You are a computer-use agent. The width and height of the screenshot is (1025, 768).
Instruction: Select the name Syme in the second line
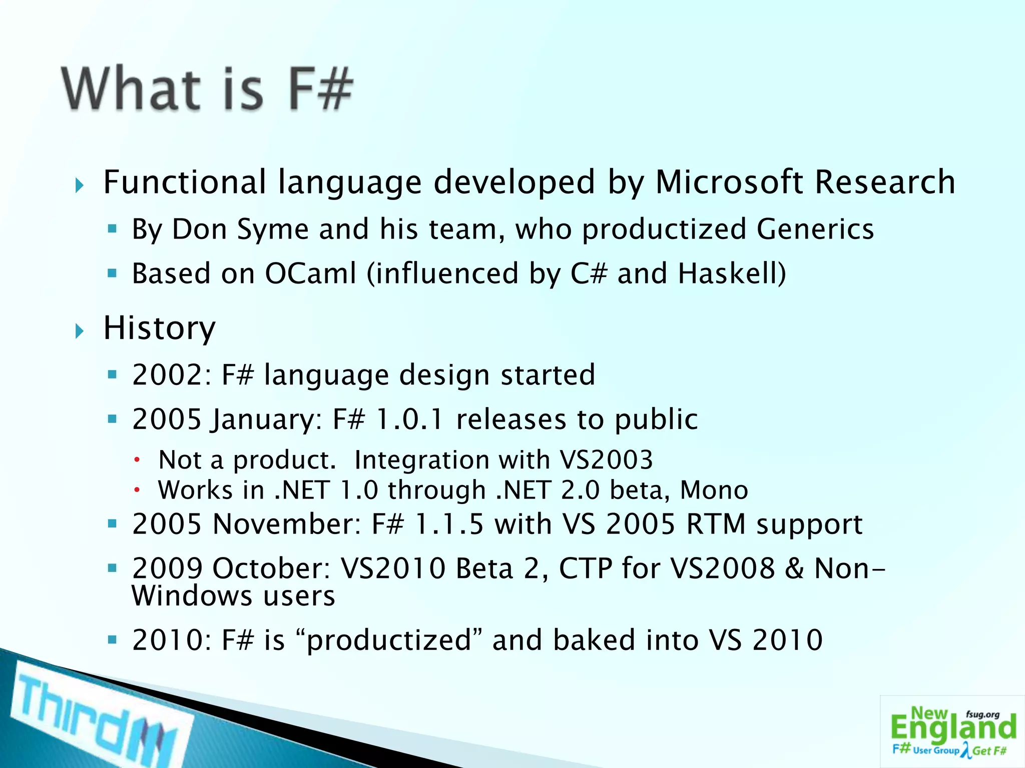[x=272, y=229]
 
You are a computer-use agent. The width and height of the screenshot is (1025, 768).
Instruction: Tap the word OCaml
[x=310, y=273]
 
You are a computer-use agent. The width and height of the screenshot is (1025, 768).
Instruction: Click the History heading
[x=159, y=328]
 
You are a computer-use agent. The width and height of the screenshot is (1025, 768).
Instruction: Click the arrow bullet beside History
[x=80, y=330]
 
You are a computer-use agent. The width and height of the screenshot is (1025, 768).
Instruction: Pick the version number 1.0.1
[x=409, y=419]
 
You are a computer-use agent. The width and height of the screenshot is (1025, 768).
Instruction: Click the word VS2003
[x=606, y=459]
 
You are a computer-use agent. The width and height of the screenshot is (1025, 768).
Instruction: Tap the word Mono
[x=714, y=490]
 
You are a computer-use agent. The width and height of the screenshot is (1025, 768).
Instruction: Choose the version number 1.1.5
[x=449, y=524]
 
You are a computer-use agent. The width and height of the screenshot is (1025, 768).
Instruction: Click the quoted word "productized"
[x=389, y=640]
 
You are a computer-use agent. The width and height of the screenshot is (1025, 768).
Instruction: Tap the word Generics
[x=815, y=229]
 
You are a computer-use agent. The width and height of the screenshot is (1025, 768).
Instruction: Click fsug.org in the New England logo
[x=982, y=714]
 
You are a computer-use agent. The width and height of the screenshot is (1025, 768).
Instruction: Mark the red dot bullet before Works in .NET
[x=136, y=490]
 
